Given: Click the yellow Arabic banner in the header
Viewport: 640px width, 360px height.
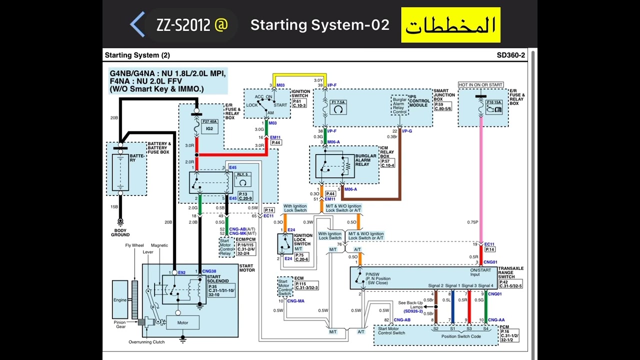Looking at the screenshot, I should coord(450,25).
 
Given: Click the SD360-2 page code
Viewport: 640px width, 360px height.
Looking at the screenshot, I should coord(510,55).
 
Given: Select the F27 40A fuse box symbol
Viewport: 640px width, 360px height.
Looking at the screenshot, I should coord(209,125).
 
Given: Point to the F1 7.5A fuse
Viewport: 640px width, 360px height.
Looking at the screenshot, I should coord(338,107).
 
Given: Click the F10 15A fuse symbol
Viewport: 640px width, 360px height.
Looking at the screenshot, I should coord(493,106).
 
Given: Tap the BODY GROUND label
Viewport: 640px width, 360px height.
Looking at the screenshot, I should coord(120,232).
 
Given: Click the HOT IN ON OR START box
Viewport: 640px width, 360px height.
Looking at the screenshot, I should coord(481,85).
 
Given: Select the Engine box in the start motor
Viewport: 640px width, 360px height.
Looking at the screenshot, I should coord(120,300).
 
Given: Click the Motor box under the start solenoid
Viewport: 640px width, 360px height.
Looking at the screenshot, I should coord(183,322).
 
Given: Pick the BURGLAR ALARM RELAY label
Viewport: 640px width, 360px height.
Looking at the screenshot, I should coord(366,160).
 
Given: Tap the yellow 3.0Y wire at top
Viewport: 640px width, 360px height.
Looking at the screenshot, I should coord(300,75).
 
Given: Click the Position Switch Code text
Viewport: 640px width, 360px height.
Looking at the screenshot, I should coord(461,336).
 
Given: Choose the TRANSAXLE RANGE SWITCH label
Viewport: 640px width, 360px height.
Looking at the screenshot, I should coord(510,272).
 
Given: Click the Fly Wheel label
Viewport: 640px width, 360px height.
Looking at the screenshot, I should coord(134,245).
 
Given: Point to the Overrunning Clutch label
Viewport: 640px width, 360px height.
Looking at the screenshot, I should coord(146,342).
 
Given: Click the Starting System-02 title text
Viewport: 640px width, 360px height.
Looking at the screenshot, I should coord(319,25).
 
